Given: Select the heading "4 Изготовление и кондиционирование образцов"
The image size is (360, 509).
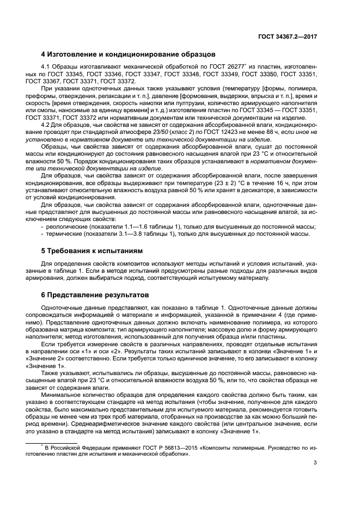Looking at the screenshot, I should coord(129,54).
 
